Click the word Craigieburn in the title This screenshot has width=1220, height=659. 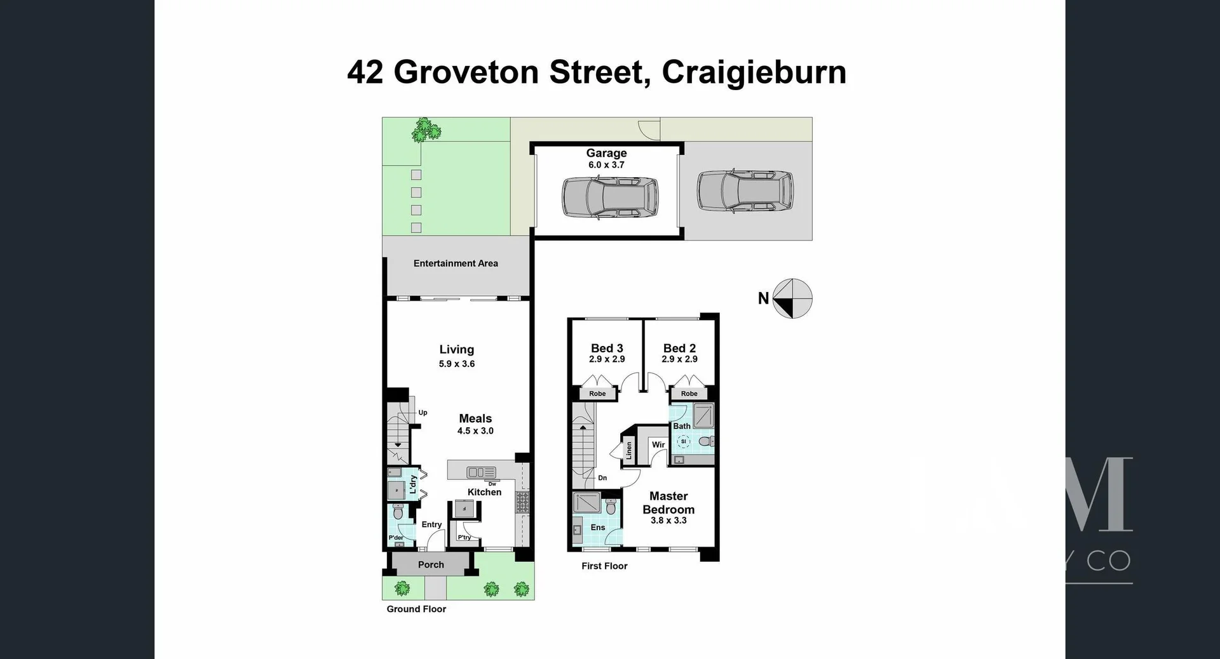click(754, 72)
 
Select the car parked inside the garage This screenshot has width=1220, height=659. click(609, 197)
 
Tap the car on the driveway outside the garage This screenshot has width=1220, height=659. click(745, 191)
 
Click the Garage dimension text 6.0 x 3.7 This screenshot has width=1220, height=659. click(606, 165)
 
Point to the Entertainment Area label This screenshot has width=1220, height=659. click(456, 263)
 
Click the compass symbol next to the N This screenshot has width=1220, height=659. click(793, 298)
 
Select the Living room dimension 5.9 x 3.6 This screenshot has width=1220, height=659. click(456, 364)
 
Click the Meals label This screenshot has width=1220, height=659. click(475, 418)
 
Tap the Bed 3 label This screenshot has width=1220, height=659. click(607, 348)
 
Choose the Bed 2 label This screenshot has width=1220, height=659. click(679, 348)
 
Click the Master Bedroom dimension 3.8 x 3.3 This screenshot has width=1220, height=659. click(668, 521)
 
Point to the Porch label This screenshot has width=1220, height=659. click(431, 564)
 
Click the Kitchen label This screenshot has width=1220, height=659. click(484, 492)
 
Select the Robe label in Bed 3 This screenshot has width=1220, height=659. click(597, 394)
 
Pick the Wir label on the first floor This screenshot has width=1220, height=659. click(658, 444)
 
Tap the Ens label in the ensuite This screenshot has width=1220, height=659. click(597, 528)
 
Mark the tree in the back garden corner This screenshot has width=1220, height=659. click(424, 130)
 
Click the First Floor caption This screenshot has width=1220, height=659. click(604, 566)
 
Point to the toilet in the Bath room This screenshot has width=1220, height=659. click(705, 441)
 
